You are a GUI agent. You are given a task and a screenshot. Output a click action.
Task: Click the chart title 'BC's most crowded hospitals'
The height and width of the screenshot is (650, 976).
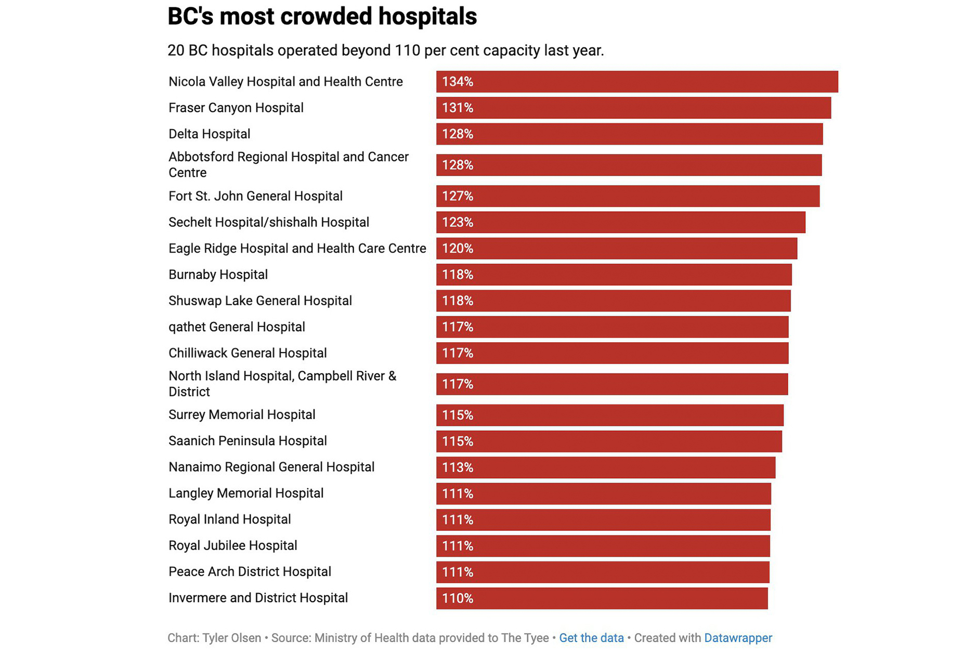(x=322, y=17)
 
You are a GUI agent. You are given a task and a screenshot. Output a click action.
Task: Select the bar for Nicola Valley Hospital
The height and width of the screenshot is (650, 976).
(x=636, y=82)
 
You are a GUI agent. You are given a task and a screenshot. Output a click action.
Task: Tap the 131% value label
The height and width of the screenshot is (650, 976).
(x=458, y=108)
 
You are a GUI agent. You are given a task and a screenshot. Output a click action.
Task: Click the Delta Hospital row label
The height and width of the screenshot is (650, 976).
(x=209, y=134)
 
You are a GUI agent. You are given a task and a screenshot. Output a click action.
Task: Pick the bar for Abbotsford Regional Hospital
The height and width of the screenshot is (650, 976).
(x=629, y=165)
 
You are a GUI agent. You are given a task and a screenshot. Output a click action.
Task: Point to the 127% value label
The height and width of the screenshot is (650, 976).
(x=458, y=197)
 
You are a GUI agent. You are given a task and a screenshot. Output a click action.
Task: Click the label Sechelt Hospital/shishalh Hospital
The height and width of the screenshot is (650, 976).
(x=268, y=223)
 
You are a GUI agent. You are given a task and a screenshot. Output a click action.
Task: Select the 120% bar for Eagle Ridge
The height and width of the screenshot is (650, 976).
(x=616, y=249)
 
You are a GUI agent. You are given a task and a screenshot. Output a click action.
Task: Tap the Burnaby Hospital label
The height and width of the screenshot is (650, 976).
(x=218, y=275)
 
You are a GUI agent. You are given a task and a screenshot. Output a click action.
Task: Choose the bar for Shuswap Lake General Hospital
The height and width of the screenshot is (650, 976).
(x=613, y=301)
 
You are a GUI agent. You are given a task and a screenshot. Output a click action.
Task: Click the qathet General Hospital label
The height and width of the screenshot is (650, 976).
(x=237, y=327)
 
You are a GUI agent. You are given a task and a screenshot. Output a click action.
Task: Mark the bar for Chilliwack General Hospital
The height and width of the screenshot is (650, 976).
(x=612, y=353)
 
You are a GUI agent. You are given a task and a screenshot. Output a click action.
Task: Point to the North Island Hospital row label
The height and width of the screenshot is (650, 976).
(x=282, y=384)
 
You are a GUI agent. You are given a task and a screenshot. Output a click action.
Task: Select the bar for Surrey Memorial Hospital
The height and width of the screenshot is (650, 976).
(x=609, y=415)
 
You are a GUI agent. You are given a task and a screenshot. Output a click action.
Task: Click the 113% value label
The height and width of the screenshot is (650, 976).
(x=458, y=467)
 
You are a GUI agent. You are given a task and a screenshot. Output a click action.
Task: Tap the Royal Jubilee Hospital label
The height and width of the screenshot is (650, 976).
(x=232, y=545)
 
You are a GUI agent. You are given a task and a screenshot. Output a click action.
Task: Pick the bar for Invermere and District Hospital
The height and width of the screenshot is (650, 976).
(x=602, y=598)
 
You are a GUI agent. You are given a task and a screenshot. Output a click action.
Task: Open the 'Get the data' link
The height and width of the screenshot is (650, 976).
(x=591, y=638)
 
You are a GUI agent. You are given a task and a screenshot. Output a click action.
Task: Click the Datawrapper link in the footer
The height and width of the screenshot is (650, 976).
(x=738, y=638)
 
